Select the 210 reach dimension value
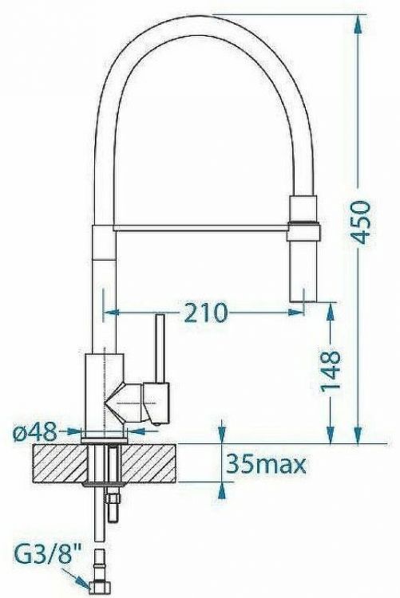(x=204, y=311)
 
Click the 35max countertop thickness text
(x=267, y=462)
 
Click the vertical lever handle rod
(x=159, y=348)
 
